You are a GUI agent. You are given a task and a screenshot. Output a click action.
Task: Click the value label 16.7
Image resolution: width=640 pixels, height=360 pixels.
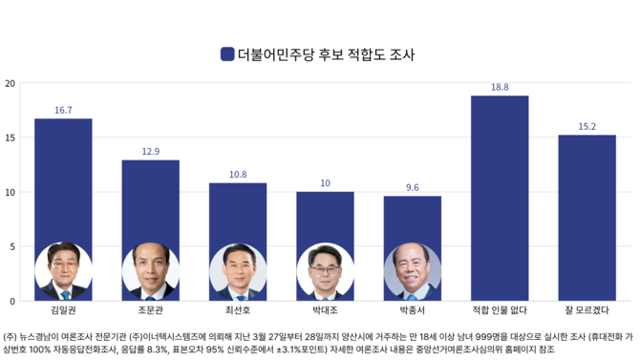click(x=63, y=111)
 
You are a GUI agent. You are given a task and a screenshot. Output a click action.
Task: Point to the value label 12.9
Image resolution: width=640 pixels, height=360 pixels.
click(x=150, y=152)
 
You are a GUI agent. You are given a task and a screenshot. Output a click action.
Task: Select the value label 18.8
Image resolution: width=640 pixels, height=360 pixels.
click(x=500, y=88)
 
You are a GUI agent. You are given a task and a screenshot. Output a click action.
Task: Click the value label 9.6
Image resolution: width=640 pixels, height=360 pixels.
click(x=412, y=188)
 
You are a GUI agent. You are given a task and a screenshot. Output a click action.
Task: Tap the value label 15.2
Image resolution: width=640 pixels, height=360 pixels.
click(x=587, y=127)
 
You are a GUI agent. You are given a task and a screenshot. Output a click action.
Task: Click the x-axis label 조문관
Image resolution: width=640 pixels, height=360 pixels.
click(x=150, y=311)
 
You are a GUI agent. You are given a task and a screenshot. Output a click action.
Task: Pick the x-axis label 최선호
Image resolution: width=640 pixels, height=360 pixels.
click(x=238, y=311)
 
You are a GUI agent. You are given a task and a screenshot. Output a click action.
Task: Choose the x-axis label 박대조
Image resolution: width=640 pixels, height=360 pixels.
click(x=325, y=311)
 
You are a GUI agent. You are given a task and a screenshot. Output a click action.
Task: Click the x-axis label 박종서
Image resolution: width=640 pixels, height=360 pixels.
click(x=412, y=311)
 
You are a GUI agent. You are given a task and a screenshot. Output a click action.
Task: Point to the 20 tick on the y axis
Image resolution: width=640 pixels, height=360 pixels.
click(x=10, y=83)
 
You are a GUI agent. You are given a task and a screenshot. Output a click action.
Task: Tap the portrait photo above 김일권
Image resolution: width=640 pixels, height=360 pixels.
click(x=63, y=271)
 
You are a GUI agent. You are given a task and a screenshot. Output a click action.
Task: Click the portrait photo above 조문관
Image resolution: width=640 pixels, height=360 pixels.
click(x=150, y=271)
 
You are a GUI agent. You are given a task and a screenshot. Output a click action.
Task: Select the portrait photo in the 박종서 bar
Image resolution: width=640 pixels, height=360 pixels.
click(x=412, y=271)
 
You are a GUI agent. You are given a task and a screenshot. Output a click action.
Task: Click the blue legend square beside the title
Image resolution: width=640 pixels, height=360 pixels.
click(x=227, y=54)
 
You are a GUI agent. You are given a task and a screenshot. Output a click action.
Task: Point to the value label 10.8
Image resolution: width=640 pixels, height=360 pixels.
click(x=238, y=175)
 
